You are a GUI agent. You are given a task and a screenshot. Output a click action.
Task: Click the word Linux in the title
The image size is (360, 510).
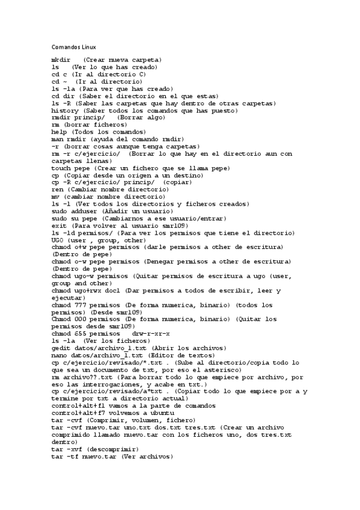click(x=87, y=47)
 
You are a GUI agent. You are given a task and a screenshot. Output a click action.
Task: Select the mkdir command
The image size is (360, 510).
click(x=61, y=60)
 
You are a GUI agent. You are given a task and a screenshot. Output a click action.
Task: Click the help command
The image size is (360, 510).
click(x=59, y=132)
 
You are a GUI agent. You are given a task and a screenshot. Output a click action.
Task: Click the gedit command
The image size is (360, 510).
click(x=61, y=348)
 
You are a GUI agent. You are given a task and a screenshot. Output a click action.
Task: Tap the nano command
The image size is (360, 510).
click(x=59, y=355)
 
